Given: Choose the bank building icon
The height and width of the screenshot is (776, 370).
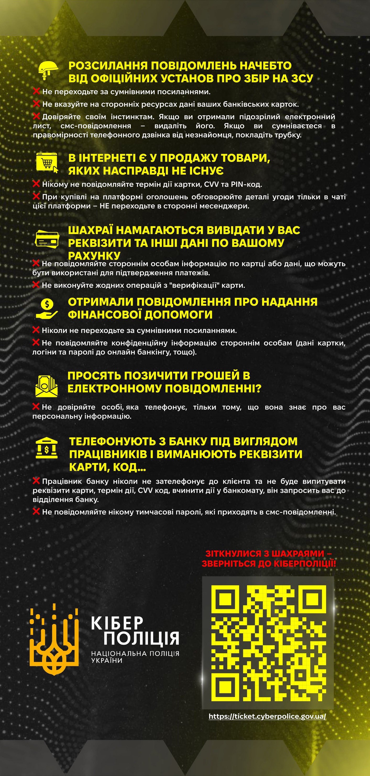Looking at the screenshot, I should (46, 448).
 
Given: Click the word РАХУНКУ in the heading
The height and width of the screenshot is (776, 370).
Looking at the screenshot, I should (94, 256).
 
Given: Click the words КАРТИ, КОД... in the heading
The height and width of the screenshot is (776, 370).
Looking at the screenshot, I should (108, 467).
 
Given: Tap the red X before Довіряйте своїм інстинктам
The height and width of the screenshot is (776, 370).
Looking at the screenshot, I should (36, 116).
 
